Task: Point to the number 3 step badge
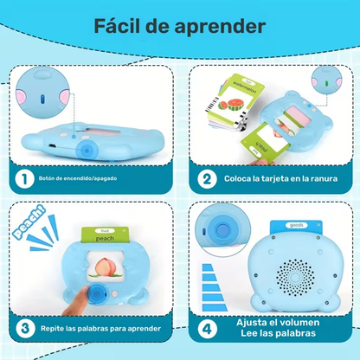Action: pyautogui.click(x=25, y=328)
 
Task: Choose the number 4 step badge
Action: pyautogui.click(x=205, y=328)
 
